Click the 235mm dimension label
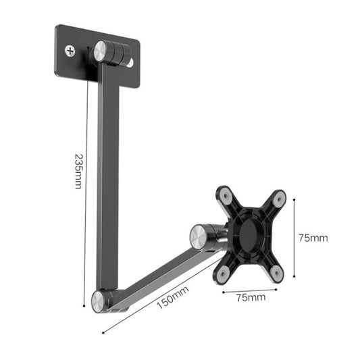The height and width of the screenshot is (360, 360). pyautogui.click(x=78, y=172)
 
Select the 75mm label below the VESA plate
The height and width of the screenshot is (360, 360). pyautogui.click(x=251, y=296)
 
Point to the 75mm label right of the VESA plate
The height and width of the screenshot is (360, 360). pyautogui.click(x=313, y=238)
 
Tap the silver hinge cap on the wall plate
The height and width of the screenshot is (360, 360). pyautogui.click(x=103, y=51)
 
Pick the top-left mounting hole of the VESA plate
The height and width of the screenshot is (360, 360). pyautogui.click(x=225, y=197)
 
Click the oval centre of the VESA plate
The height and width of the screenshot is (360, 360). pyautogui.click(x=250, y=234)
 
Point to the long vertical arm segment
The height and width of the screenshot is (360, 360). pyautogui.click(x=109, y=176)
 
